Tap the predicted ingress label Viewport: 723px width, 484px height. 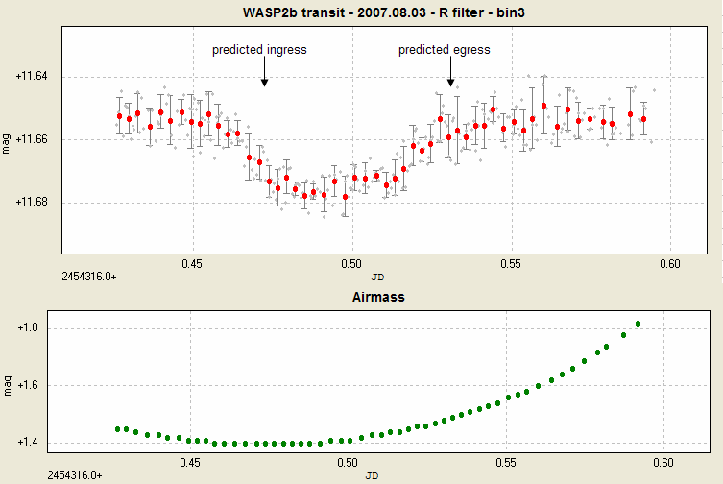pyautogui.click(x=259, y=50)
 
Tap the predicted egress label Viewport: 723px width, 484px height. pyautogui.click(x=445, y=50)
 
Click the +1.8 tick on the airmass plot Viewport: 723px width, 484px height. pyautogui.click(x=35, y=328)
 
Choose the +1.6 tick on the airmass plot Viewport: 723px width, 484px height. pyautogui.click(x=35, y=385)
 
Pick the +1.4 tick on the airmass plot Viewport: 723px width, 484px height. pyautogui.click(x=35, y=443)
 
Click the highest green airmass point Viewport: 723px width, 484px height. pyautogui.click(x=638, y=324)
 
